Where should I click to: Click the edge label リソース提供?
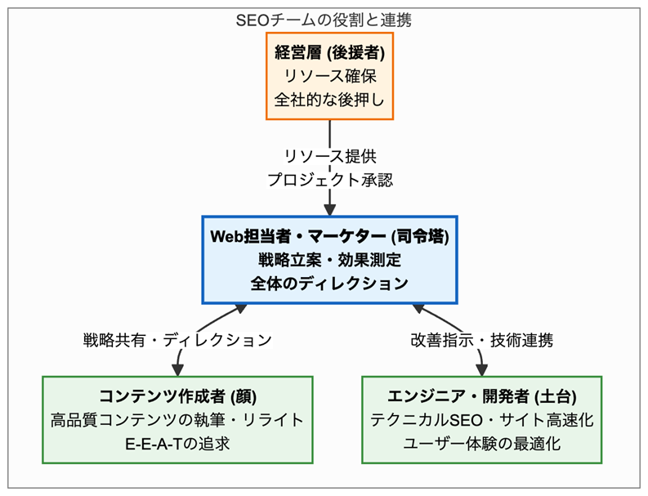pyautogui.click(x=329, y=156)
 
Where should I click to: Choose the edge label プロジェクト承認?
pyautogui.click(x=329, y=179)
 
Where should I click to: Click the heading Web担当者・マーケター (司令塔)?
pyautogui.click(x=329, y=238)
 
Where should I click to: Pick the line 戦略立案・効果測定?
pyautogui.click(x=329, y=261)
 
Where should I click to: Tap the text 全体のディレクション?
pyautogui.click(x=329, y=284)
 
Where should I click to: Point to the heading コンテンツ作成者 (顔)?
pyautogui.click(x=177, y=397)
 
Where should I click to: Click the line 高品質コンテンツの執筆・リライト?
pyautogui.click(x=177, y=420)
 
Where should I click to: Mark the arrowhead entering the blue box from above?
pyautogui.click(x=329, y=208)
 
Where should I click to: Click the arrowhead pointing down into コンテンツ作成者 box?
pyautogui.click(x=177, y=369)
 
